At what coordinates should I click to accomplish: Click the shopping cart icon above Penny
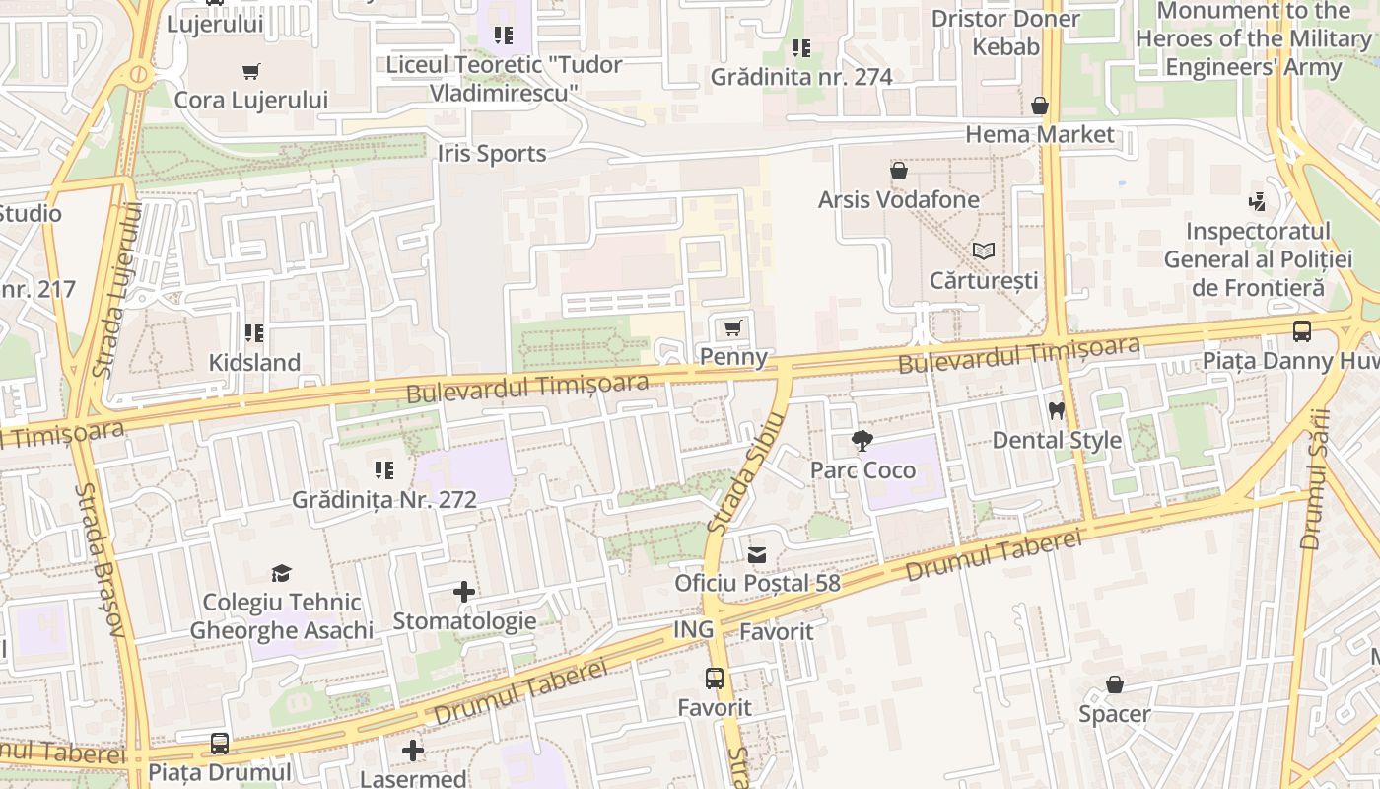coord(732,327)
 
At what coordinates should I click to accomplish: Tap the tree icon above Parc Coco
coord(862,441)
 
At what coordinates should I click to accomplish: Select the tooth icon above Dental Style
coord(1057,410)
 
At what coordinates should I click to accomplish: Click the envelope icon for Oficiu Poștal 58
coord(756,554)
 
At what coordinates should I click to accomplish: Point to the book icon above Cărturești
coord(983,251)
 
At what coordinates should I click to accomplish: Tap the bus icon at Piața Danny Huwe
coord(1302,331)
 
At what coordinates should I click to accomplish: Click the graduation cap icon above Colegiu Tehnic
coord(282,573)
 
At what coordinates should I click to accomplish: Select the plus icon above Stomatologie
coord(464,592)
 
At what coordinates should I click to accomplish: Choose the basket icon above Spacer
coord(1114,684)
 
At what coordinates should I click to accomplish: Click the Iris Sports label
coord(492,154)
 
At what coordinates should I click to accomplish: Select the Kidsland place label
coord(254,363)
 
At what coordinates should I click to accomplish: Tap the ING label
coord(693,630)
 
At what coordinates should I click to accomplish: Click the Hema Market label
coord(1039,134)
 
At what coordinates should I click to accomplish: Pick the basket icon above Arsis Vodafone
coord(898,171)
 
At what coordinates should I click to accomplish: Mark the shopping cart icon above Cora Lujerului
coord(251,71)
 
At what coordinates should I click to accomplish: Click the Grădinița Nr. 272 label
coord(384,500)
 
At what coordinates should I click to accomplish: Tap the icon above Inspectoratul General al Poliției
coord(1257,202)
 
